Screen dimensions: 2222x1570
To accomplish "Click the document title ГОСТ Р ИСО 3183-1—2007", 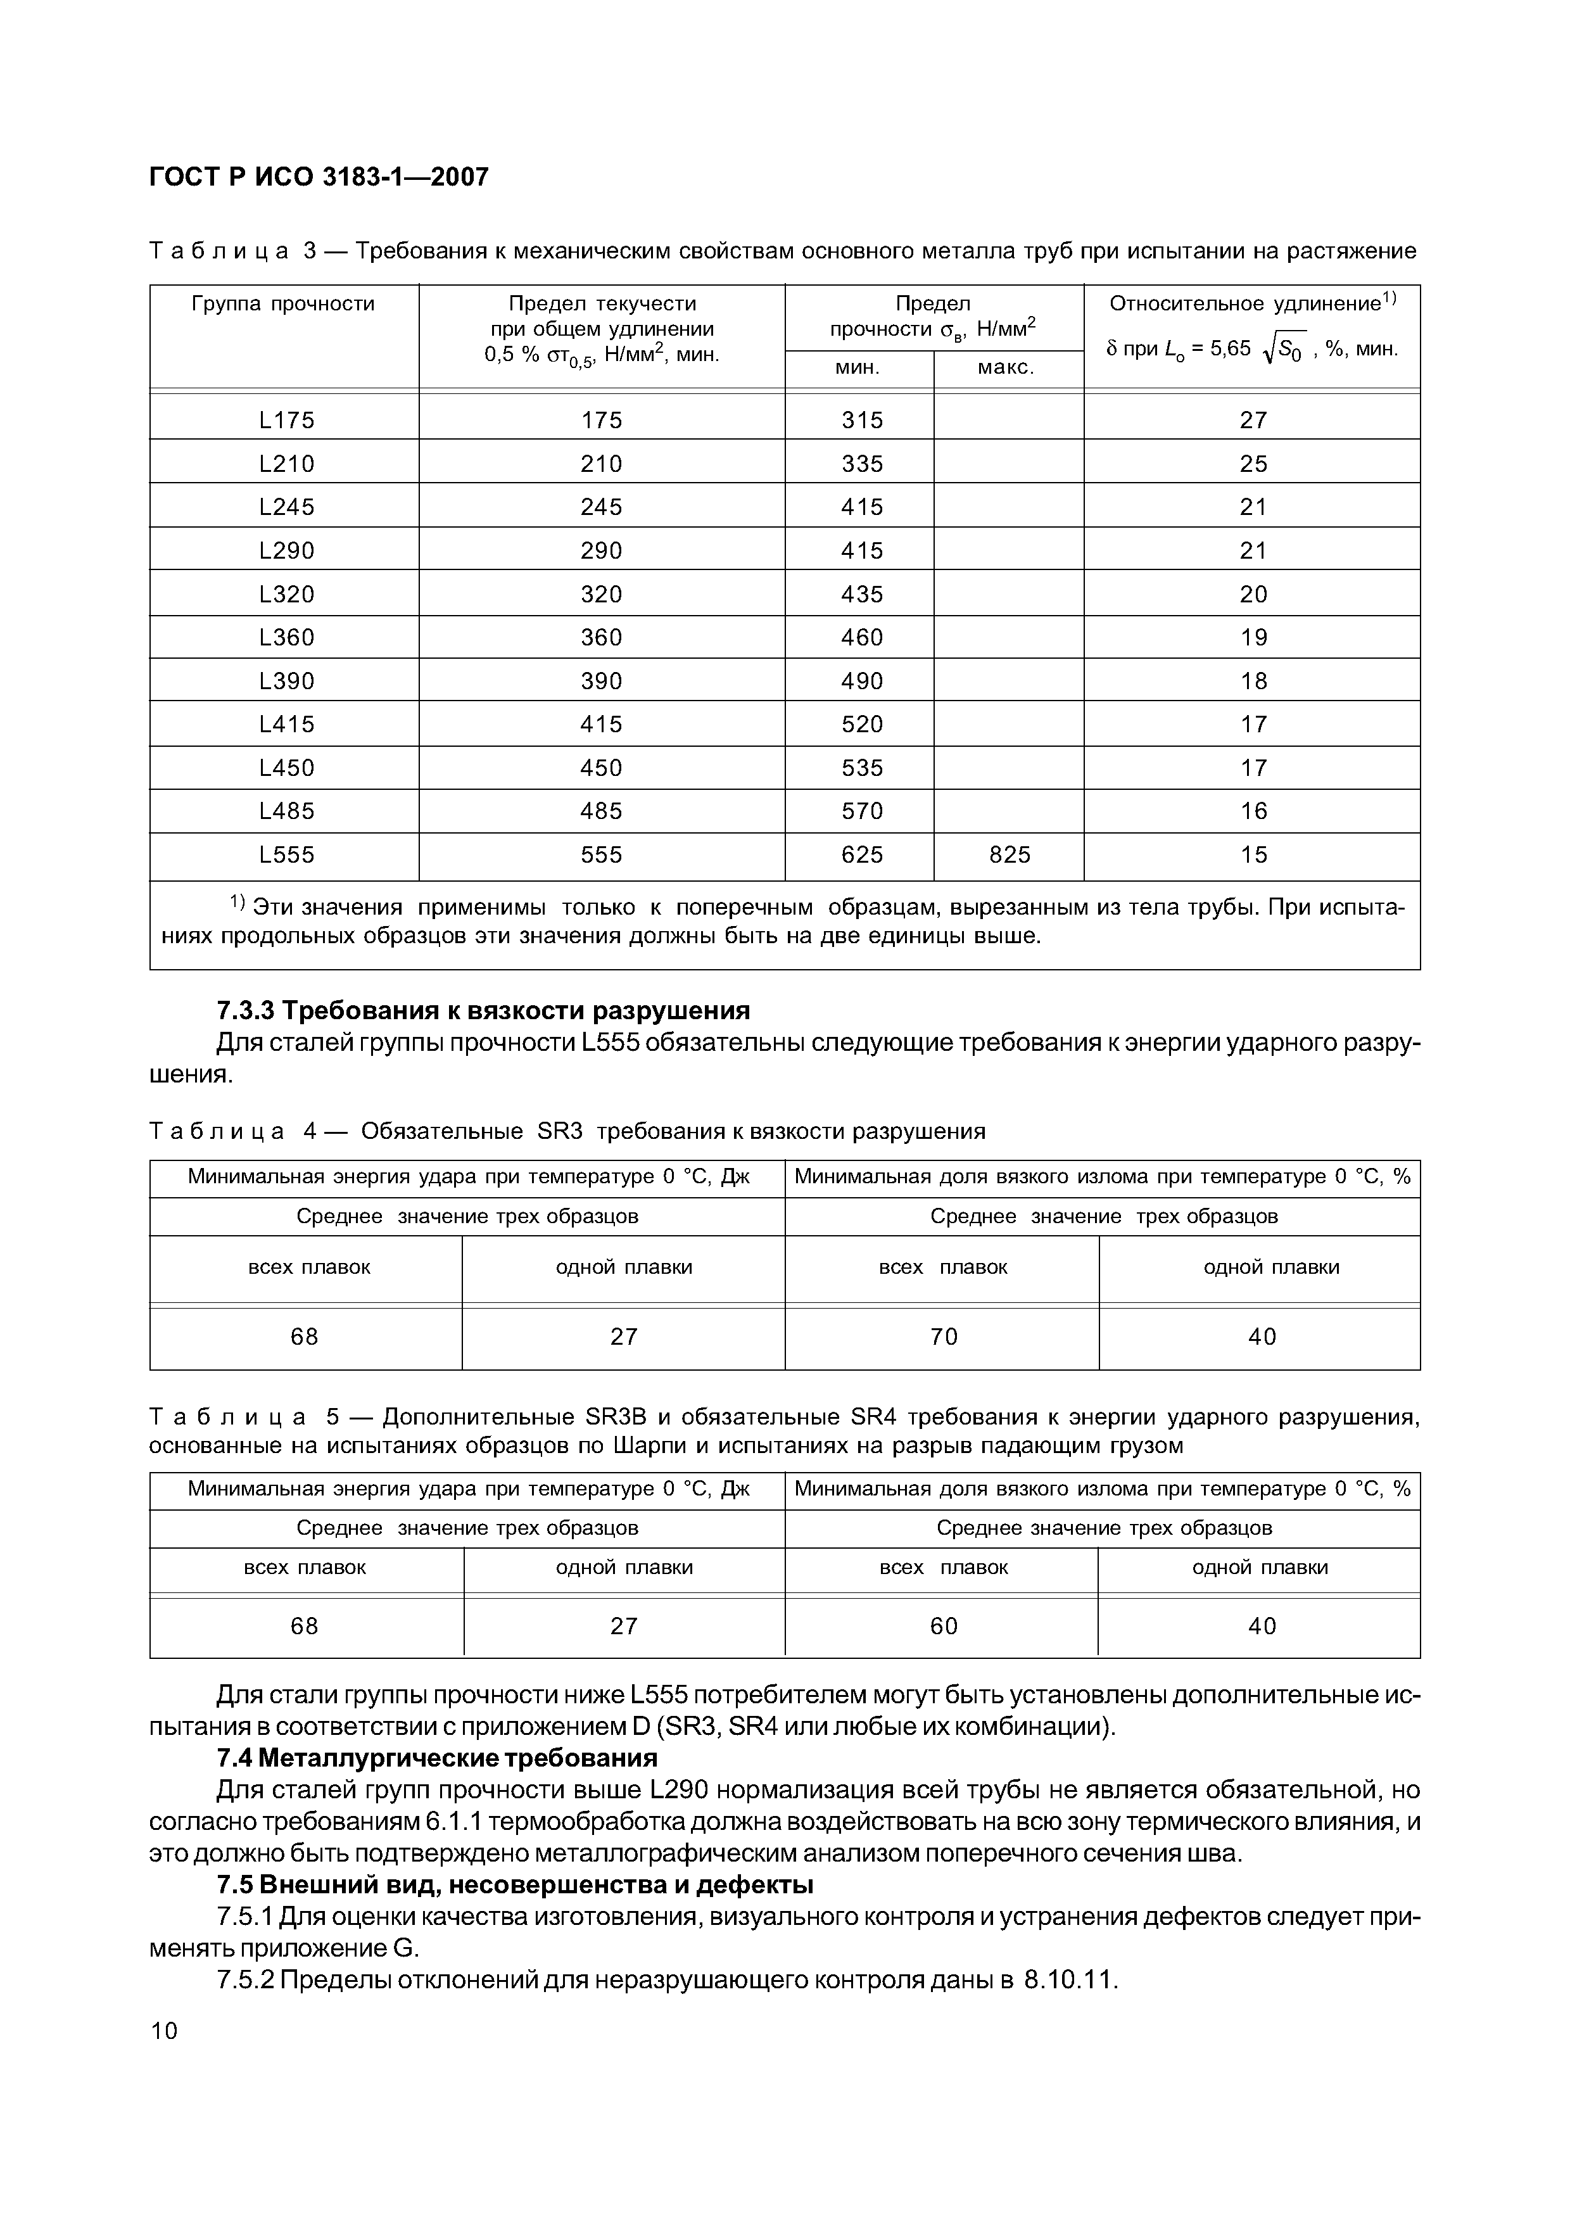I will [x=319, y=177].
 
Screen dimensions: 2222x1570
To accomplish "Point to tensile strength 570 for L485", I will [x=862, y=811].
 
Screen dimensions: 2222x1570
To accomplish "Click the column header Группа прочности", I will [x=284, y=305].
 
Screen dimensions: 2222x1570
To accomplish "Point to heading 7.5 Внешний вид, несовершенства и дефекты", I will [x=515, y=1884].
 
